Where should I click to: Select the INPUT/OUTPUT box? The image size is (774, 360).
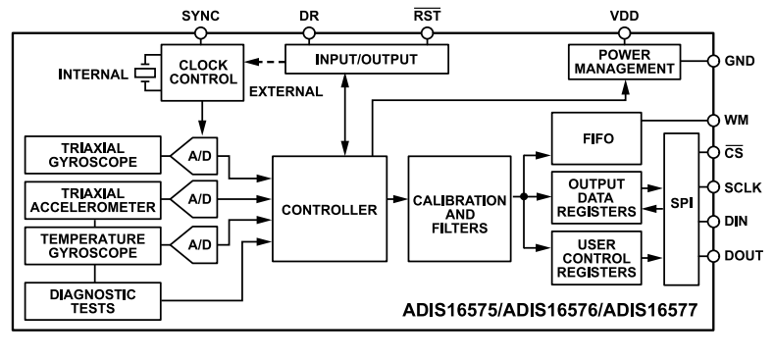point(365,60)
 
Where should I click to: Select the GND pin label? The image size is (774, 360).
point(741,60)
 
